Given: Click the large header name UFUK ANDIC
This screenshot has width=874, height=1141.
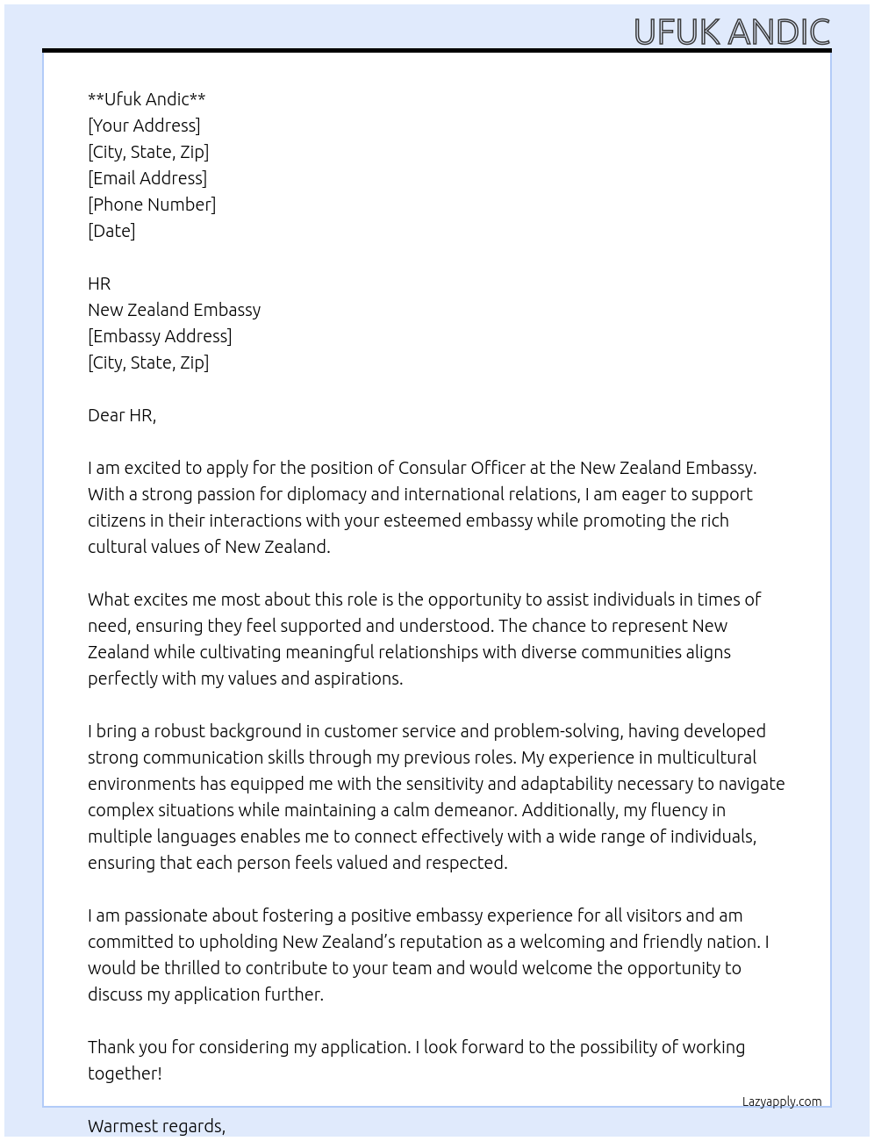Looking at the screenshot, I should [x=731, y=32].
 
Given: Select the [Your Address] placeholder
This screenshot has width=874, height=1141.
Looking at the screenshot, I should [x=144, y=126].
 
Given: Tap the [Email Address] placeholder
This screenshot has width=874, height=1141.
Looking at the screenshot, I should [x=147, y=178].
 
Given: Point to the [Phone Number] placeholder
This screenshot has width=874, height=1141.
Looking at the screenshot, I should [x=152, y=205].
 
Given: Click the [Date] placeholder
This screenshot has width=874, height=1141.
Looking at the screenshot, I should [x=111, y=231].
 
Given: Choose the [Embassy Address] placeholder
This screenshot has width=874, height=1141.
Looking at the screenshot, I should [x=160, y=336].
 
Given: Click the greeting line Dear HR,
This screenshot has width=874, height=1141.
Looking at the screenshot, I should [x=122, y=415].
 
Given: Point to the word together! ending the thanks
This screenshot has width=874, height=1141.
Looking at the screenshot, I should [x=125, y=1073].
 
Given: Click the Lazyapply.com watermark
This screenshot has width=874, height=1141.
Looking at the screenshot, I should [x=782, y=1102].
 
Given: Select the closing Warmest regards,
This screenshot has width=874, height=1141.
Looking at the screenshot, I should [x=156, y=1126].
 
